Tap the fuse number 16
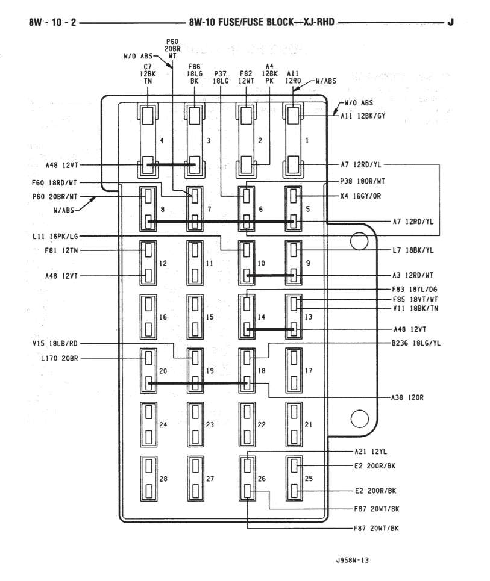pos(162,317)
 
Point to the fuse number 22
pos(262,424)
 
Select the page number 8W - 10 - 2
pos(52,23)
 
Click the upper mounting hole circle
pos(359,241)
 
